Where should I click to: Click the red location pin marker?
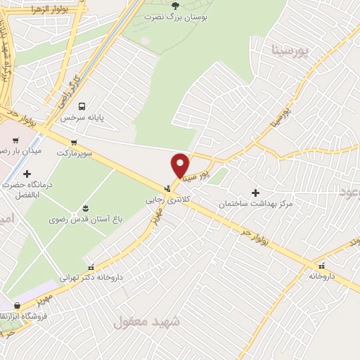coord(180,164)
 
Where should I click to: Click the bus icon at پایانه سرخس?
coord(83,106)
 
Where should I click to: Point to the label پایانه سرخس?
coord(82,118)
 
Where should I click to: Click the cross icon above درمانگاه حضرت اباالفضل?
coord(27,173)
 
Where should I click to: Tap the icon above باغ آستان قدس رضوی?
coord(85,207)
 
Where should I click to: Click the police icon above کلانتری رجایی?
coord(167,188)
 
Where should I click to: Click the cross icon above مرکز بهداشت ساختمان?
coord(255,192)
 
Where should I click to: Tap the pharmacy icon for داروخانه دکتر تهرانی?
coord(91,266)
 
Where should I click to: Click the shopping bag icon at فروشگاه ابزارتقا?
coord(17,306)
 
